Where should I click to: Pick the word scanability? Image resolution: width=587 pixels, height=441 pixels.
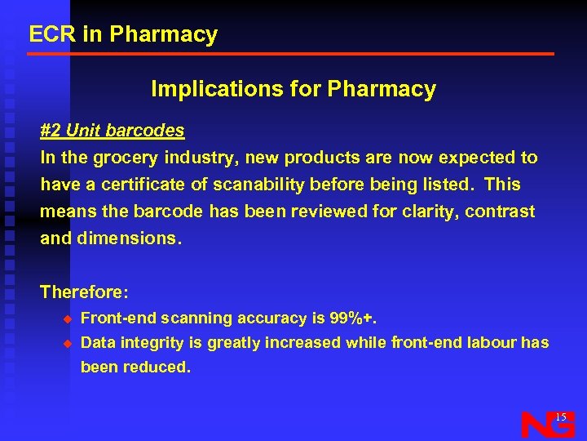click(x=259, y=185)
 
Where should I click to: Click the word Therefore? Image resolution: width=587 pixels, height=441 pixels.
click(x=82, y=292)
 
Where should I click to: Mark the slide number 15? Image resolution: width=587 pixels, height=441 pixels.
click(x=560, y=417)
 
